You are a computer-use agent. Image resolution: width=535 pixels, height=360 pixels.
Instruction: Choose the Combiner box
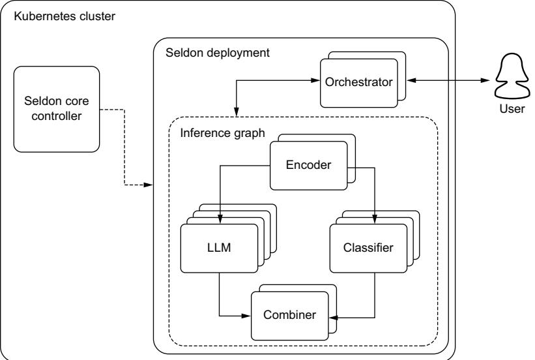tap(290, 315)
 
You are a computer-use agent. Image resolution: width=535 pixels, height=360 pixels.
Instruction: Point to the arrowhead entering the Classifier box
tap(375, 220)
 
